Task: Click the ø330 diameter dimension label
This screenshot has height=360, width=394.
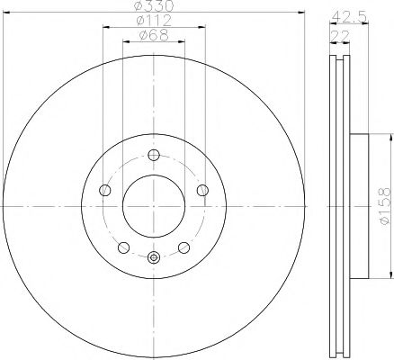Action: coord(154,8)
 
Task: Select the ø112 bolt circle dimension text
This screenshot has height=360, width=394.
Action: coord(153,22)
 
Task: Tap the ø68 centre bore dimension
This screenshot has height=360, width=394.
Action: coord(153,37)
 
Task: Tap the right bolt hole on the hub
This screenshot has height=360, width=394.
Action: coord(201,189)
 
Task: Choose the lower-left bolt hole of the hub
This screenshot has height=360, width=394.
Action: coord(124,247)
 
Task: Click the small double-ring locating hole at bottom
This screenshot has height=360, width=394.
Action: coord(153,259)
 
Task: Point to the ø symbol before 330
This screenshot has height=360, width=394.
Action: coord(139,8)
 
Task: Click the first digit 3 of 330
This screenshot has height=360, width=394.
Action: coord(148,8)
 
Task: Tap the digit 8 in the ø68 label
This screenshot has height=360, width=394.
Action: coord(163,37)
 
